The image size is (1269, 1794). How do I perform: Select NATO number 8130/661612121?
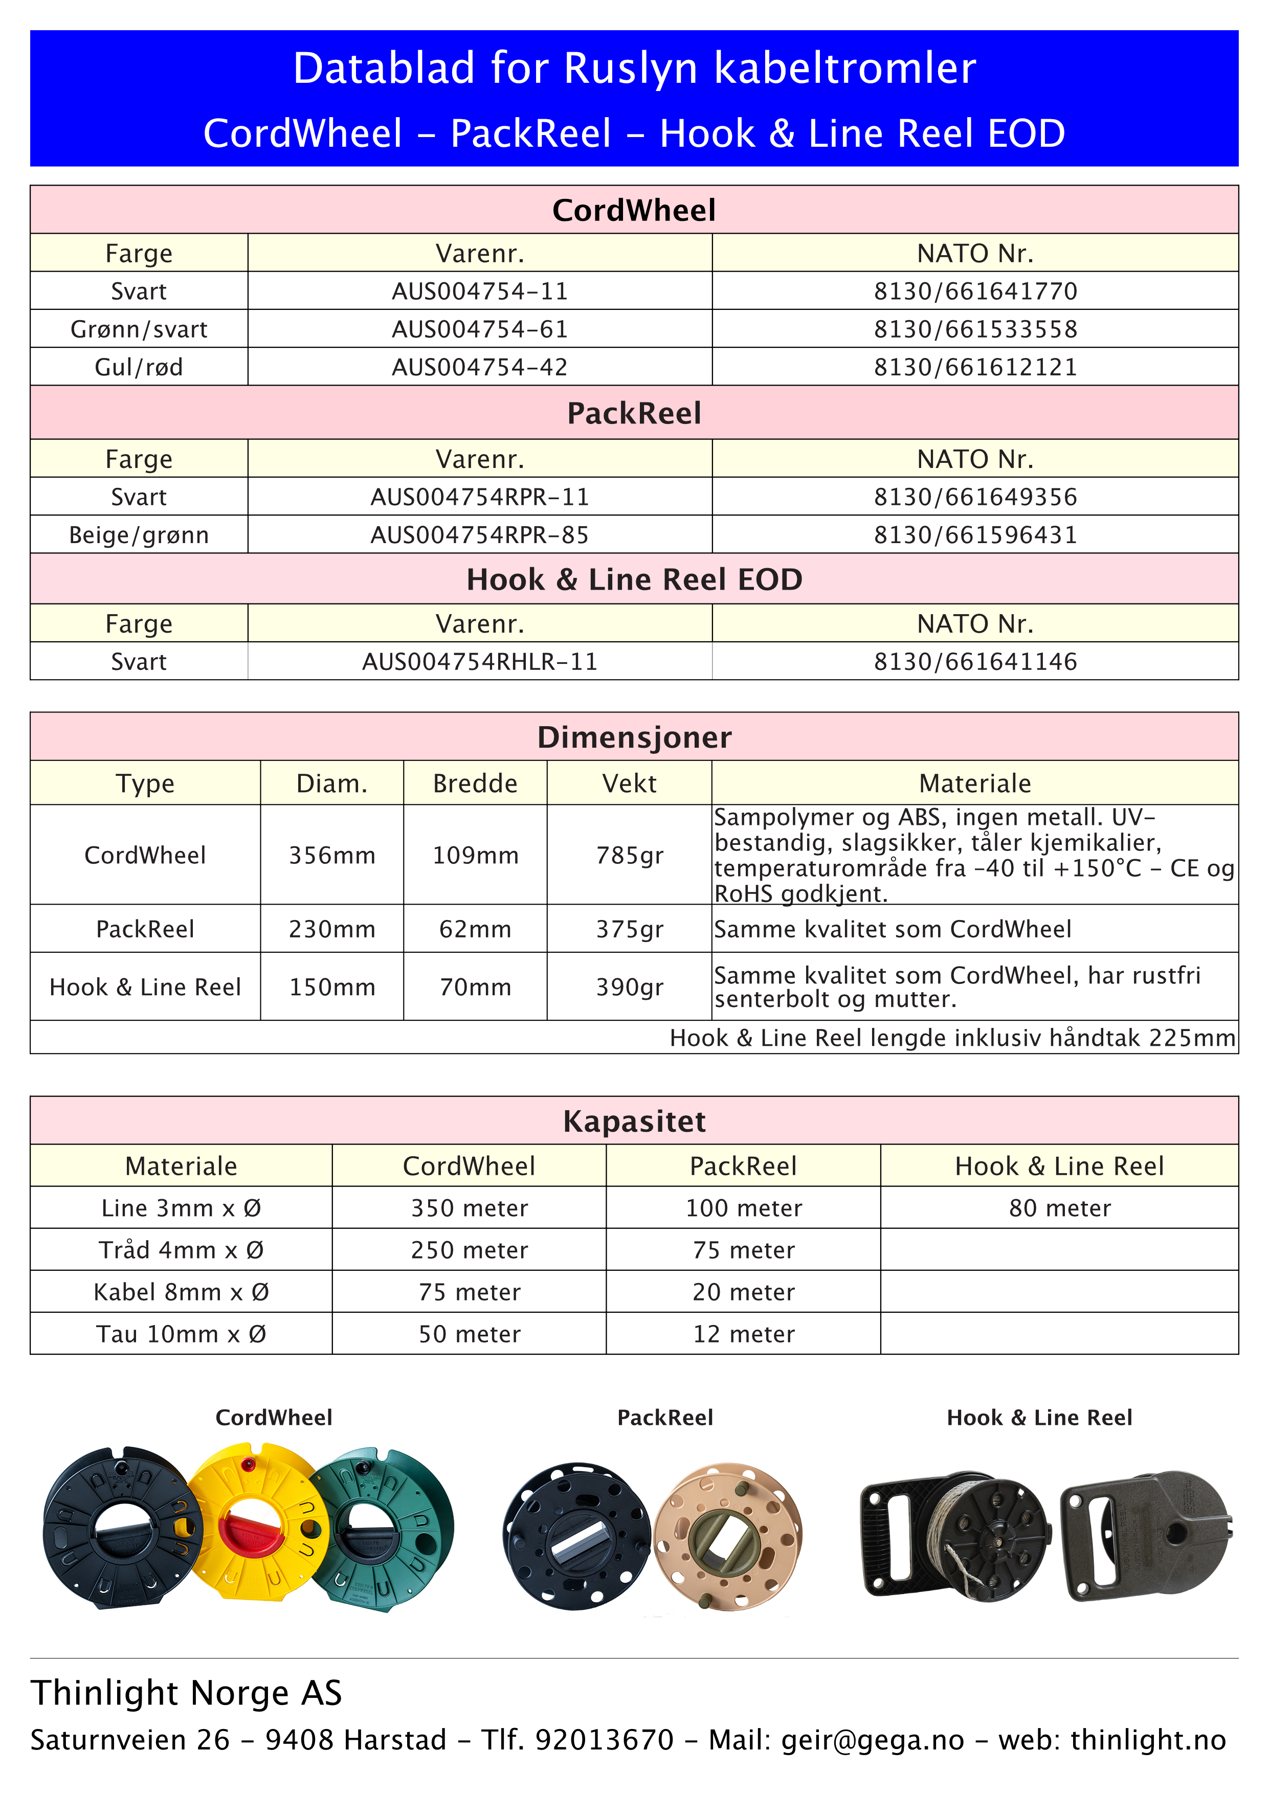[x=975, y=367]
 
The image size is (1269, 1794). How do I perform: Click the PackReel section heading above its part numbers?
[x=634, y=413]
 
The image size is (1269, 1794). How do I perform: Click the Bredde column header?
[x=475, y=783]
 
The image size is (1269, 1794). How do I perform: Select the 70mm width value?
[x=475, y=987]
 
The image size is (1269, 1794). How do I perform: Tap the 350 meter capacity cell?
[x=469, y=1208]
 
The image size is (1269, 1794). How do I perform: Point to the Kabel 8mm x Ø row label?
[x=181, y=1292]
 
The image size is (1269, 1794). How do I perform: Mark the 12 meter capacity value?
[x=743, y=1334]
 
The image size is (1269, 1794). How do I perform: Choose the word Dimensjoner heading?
[x=634, y=737]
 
